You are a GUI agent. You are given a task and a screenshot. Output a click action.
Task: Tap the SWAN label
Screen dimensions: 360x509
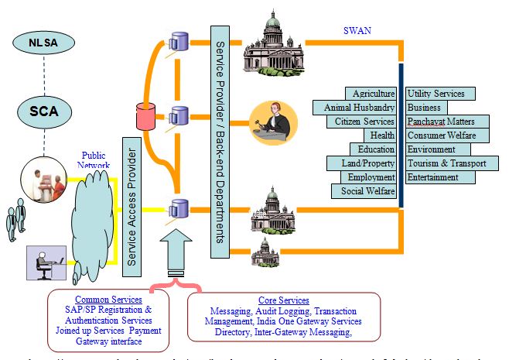357,31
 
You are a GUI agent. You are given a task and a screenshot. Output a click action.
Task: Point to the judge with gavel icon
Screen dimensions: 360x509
273,122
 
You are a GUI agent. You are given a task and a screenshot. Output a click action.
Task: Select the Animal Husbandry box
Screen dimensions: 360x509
355,108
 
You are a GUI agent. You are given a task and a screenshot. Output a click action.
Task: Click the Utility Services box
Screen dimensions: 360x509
440,94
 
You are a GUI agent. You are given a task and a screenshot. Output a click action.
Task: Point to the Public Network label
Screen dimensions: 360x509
94,160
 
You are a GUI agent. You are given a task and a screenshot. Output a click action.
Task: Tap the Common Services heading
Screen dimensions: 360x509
108,300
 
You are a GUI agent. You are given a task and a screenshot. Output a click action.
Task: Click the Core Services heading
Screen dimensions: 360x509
283,300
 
